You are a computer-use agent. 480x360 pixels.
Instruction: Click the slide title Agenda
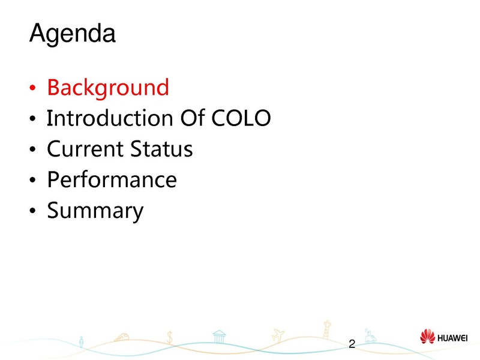tap(73, 34)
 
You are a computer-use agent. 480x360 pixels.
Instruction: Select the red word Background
tap(108, 88)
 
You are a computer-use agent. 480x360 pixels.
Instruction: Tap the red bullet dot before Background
tap(32, 88)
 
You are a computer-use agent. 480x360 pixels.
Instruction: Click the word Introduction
tap(110, 118)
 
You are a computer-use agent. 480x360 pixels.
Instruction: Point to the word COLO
tap(241, 118)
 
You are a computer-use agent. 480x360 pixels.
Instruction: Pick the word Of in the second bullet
tap(192, 118)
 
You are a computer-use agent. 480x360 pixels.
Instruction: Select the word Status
tap(161, 149)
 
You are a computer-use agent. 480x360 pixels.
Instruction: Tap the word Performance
tap(112, 179)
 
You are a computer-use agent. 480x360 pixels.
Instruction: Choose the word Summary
tap(95, 211)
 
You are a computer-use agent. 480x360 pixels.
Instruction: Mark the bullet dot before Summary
tap(32, 211)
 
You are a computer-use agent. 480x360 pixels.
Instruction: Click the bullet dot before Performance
tap(32, 179)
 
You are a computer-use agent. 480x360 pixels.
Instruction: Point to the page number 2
tap(352, 344)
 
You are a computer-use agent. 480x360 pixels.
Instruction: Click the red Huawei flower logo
tap(427, 337)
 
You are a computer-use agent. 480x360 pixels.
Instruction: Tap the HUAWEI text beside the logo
tap(452, 338)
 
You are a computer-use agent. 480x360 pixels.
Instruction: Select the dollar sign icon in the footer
tap(170, 337)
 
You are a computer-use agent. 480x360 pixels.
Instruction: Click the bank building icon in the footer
tap(219, 337)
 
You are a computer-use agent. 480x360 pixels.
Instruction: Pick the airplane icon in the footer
tap(278, 335)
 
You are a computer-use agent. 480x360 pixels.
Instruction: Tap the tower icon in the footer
tap(327, 329)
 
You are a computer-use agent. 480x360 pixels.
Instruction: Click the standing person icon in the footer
tap(81, 342)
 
